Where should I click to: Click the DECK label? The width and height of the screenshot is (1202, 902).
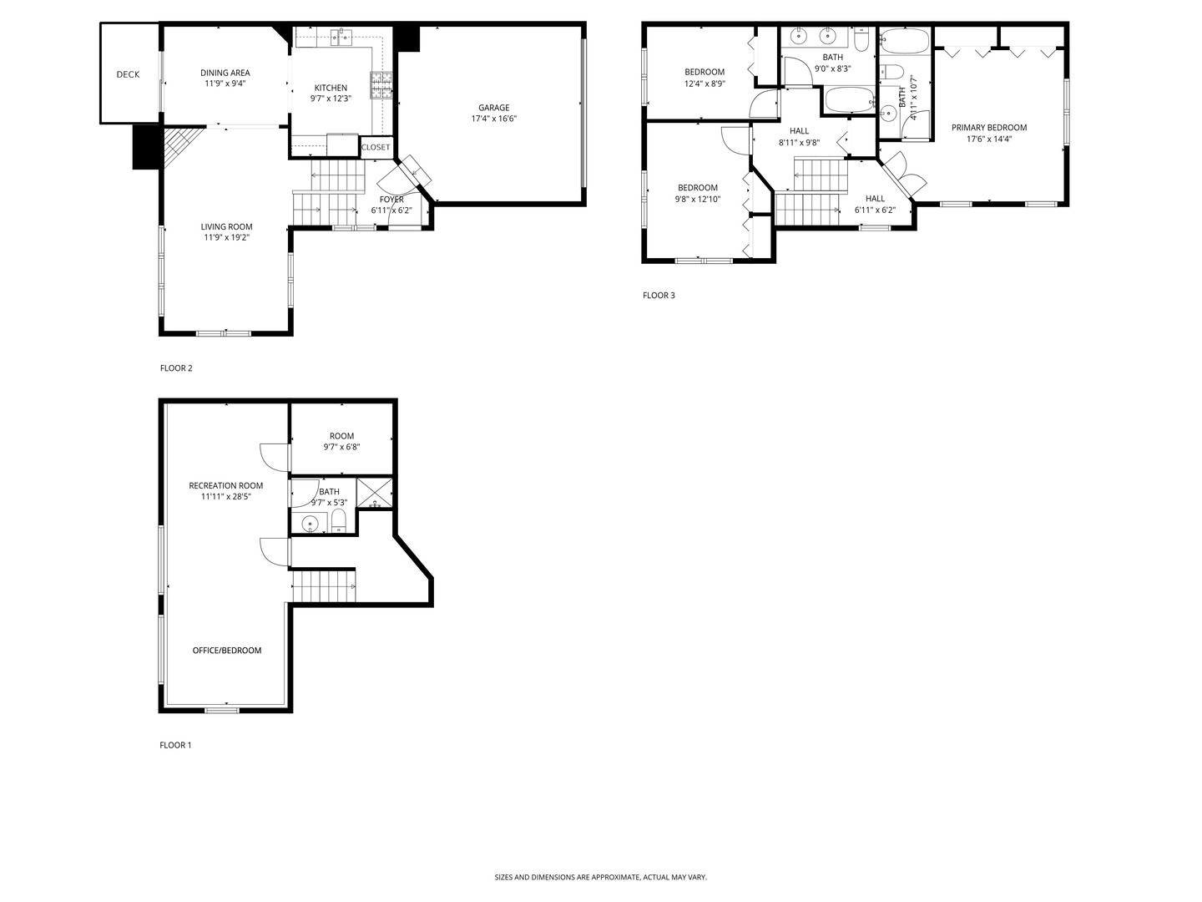[x=128, y=74]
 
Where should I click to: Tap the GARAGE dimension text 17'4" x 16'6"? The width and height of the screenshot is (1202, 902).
[x=493, y=119]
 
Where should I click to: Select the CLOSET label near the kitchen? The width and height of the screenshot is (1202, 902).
[x=376, y=147]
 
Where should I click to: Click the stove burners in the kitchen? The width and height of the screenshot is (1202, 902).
[x=381, y=86]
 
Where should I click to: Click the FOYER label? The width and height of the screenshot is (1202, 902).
[x=391, y=200]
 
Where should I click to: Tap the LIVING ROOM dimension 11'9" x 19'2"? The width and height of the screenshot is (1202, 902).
[x=226, y=237]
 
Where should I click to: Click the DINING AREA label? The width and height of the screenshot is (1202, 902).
[x=225, y=73]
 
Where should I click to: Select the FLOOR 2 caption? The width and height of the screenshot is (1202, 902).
[x=176, y=367]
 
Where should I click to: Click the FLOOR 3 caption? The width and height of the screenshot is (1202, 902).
[x=659, y=295]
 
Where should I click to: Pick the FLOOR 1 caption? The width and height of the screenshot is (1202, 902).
[x=175, y=745]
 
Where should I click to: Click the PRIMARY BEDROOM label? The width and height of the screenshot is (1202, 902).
[x=989, y=128]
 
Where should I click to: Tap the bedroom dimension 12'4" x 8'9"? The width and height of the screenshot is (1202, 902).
[x=705, y=84]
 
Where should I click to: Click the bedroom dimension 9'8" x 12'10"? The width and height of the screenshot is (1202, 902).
[x=697, y=200]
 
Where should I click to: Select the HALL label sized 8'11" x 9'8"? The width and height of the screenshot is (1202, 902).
[x=799, y=131]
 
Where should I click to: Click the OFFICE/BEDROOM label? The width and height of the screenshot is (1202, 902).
[x=227, y=651]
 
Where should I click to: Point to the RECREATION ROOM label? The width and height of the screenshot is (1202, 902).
[x=225, y=485]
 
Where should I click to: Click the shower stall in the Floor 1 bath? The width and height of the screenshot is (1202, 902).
[x=375, y=493]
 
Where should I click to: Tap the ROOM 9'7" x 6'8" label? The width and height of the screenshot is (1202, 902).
[x=341, y=436]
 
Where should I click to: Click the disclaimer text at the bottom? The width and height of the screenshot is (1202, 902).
[x=600, y=877]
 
